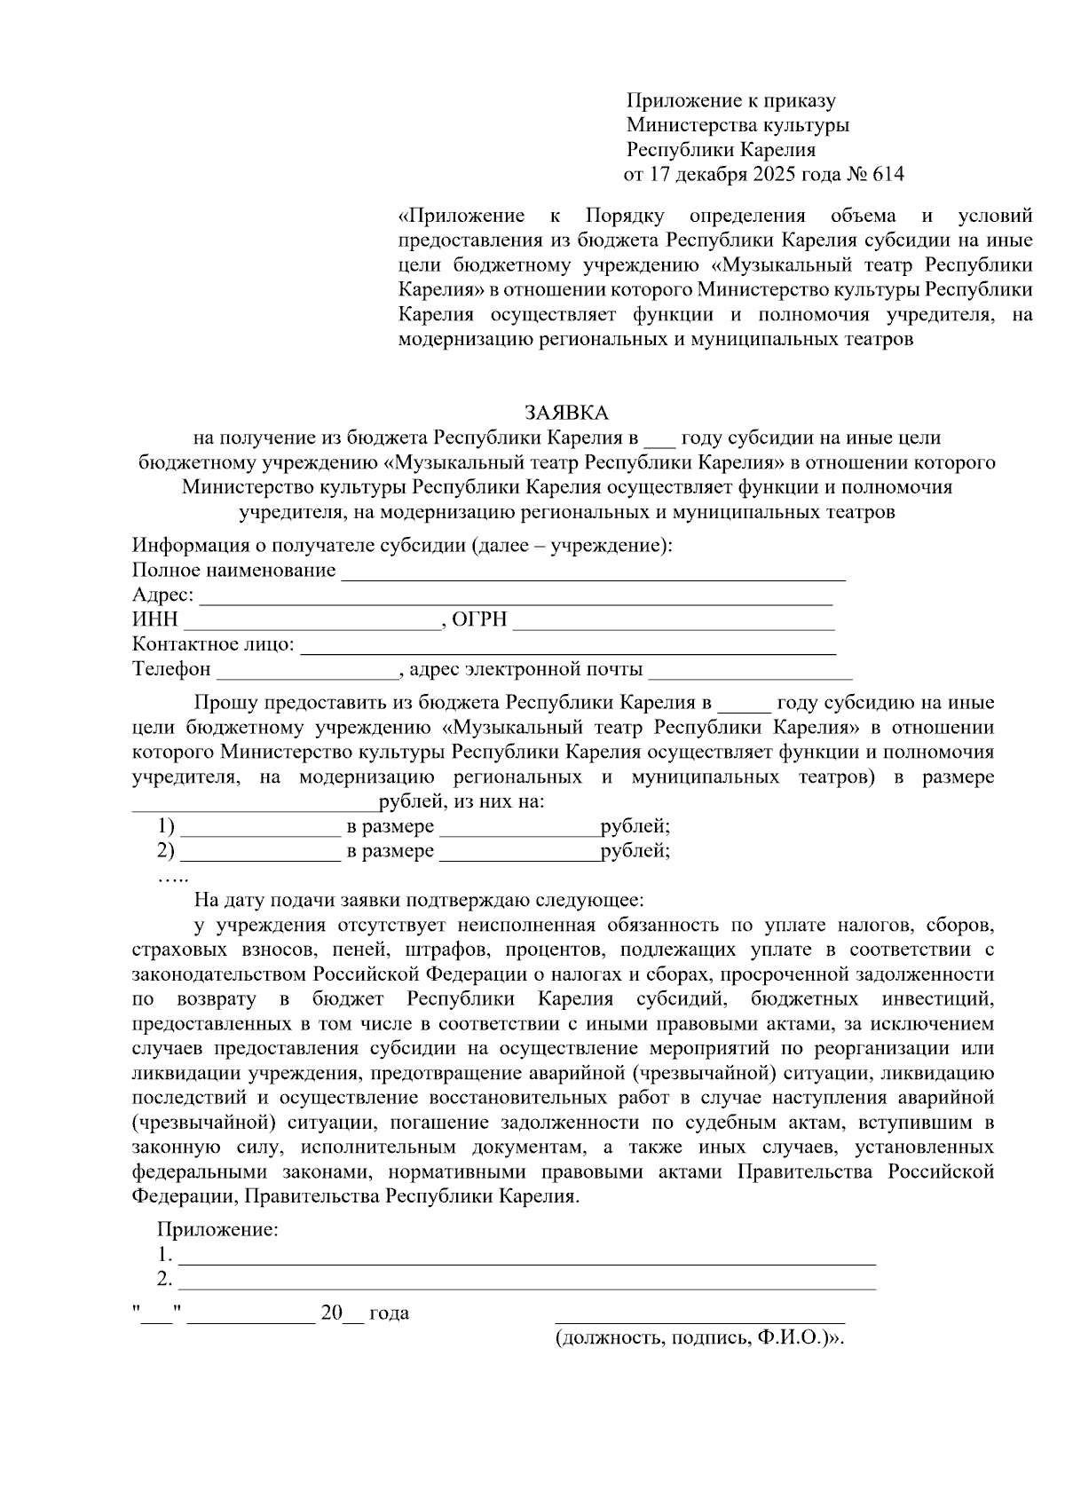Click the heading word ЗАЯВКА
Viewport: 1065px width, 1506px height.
(566, 413)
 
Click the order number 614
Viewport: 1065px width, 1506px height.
(888, 174)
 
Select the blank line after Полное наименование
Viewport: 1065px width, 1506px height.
(593, 575)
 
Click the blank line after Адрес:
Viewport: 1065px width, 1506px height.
(515, 600)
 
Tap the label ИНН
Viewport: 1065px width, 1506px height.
(155, 619)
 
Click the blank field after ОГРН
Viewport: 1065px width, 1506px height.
(674, 625)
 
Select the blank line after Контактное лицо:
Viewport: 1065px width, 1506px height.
(568, 650)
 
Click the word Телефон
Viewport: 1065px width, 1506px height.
(172, 669)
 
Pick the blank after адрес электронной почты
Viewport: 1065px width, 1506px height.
(750, 674)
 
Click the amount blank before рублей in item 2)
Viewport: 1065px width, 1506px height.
(519, 857)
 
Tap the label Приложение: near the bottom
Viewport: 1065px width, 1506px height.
(217, 1230)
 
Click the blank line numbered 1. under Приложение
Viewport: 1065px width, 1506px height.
(527, 1260)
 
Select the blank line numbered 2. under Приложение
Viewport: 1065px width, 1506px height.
(527, 1285)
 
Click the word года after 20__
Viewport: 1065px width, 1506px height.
(389, 1313)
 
